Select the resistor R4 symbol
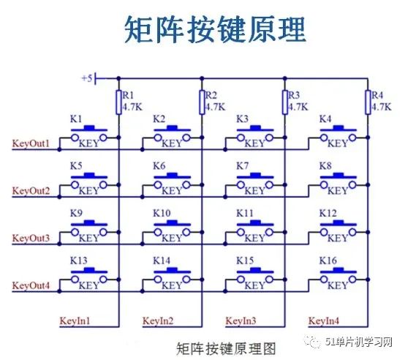tap(368, 102)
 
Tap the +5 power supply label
tap(87, 78)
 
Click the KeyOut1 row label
tap(31, 143)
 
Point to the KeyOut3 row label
tap(31, 239)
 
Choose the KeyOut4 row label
tap(31, 286)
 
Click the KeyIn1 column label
tap(75, 320)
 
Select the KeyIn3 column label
tap(241, 320)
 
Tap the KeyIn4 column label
tap(324, 320)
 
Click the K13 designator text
tap(78, 260)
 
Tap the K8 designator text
tap(326, 166)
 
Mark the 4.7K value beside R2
tap(216, 106)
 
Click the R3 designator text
tap(295, 95)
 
